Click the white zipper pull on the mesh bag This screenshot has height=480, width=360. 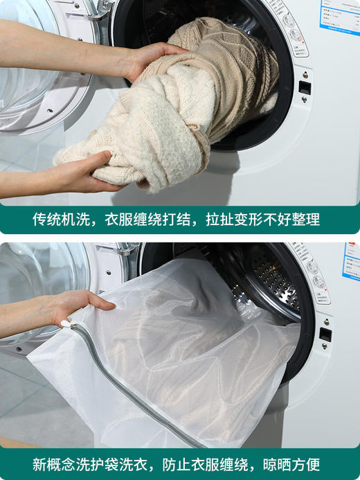(67, 323)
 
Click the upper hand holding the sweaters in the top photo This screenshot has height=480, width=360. (152, 59)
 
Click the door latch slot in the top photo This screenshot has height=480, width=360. (304, 87)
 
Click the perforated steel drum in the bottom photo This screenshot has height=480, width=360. (273, 277)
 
